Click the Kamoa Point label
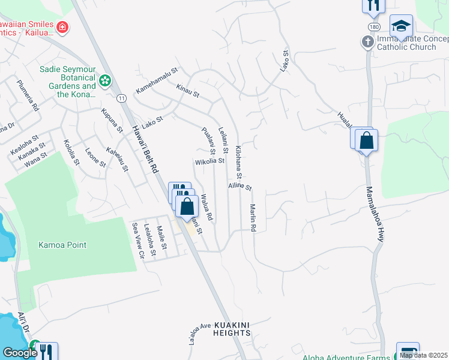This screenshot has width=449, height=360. (62, 245)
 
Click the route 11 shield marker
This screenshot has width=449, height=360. (122, 98)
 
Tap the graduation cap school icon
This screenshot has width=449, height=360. (401, 26)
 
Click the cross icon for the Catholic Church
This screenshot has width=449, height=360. (367, 42)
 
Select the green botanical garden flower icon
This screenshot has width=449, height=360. (105, 80)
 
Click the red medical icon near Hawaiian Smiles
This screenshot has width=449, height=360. (62, 27)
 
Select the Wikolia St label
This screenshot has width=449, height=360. (209, 161)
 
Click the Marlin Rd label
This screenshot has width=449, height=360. (253, 217)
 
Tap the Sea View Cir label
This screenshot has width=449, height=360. (138, 239)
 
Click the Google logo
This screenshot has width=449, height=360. (19, 353)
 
